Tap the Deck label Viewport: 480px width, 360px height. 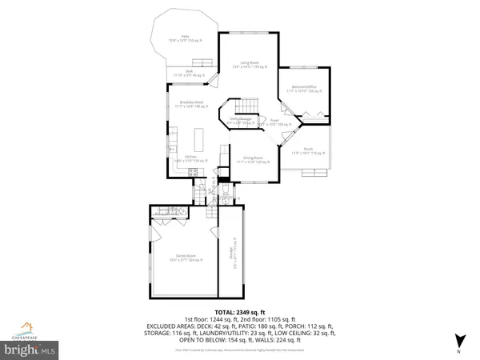tap(190, 73)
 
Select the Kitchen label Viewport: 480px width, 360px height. tap(190, 158)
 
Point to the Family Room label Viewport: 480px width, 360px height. tap(182, 258)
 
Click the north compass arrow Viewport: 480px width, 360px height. tap(458, 339)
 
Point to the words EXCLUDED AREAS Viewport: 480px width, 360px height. tap(167, 326)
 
